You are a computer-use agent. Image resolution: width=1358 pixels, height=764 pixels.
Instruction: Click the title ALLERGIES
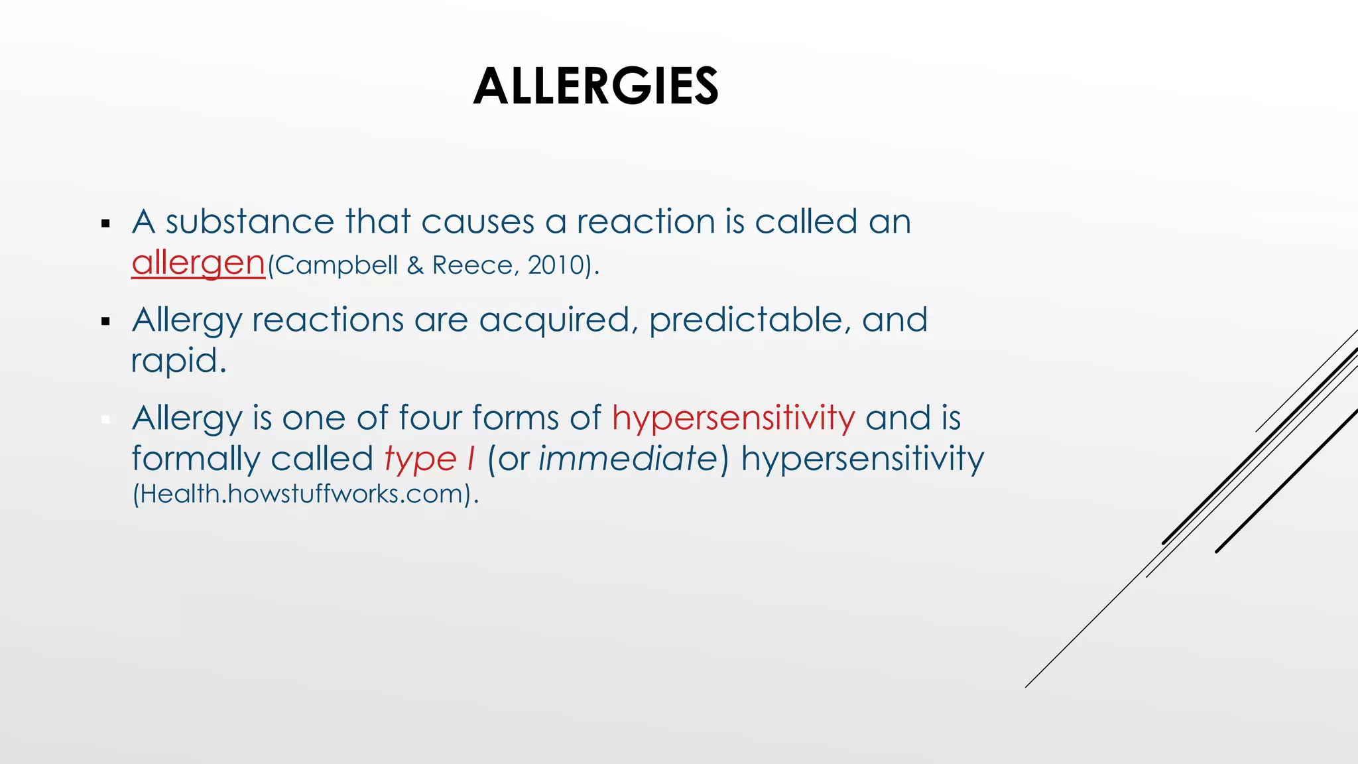[x=595, y=87]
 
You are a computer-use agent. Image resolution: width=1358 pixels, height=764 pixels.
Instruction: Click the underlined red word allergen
[x=198, y=263]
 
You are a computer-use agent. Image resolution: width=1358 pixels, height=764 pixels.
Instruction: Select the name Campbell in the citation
[x=336, y=265]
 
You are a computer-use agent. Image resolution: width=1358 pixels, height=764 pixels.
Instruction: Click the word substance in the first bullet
[x=250, y=222]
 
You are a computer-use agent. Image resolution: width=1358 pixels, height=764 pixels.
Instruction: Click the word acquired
[x=554, y=320]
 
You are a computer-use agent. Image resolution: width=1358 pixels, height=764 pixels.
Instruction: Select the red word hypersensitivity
[x=733, y=418]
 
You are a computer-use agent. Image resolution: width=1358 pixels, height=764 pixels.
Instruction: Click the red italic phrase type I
[x=430, y=459]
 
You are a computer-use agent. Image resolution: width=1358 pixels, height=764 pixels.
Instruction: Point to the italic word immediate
[x=628, y=459]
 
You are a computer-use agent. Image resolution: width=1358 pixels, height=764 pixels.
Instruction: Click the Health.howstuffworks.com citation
[x=305, y=494]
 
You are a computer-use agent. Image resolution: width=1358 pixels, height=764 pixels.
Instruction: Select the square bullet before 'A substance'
[x=105, y=223]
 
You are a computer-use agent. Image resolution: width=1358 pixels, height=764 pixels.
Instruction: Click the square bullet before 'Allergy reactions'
[x=105, y=322]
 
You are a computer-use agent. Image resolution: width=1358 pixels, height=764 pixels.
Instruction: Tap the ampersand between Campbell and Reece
[x=415, y=265]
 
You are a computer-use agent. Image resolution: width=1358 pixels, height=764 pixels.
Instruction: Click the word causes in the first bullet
[x=477, y=222]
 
